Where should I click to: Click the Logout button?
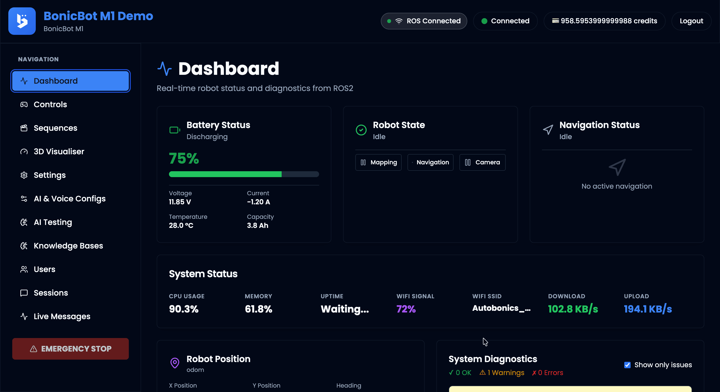point(691,21)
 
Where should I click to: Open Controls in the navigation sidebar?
point(50,105)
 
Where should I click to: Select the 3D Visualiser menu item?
point(59,152)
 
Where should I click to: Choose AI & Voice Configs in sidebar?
point(69,198)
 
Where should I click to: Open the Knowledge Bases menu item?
point(68,246)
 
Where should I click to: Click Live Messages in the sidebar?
point(62,316)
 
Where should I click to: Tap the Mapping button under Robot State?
point(378,162)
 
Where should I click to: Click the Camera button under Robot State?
point(482,162)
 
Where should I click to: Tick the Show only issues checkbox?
point(627,365)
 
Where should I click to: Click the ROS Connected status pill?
point(424,21)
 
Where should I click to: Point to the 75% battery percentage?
point(184,158)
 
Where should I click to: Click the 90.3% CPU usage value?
point(184,309)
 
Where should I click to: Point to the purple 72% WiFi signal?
point(406,309)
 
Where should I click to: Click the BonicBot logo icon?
point(22,21)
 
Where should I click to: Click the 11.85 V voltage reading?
point(180,202)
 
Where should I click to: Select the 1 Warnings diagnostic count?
point(502,373)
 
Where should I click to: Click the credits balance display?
point(604,21)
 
